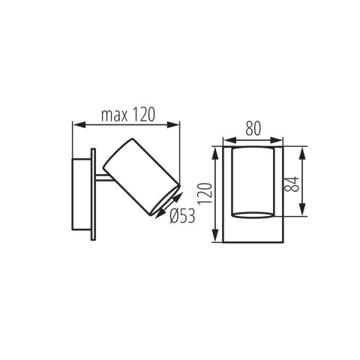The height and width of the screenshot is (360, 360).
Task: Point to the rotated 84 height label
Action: pyautogui.click(x=295, y=181)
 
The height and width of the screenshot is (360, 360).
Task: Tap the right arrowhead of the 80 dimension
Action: pyautogui.click(x=282, y=139)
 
